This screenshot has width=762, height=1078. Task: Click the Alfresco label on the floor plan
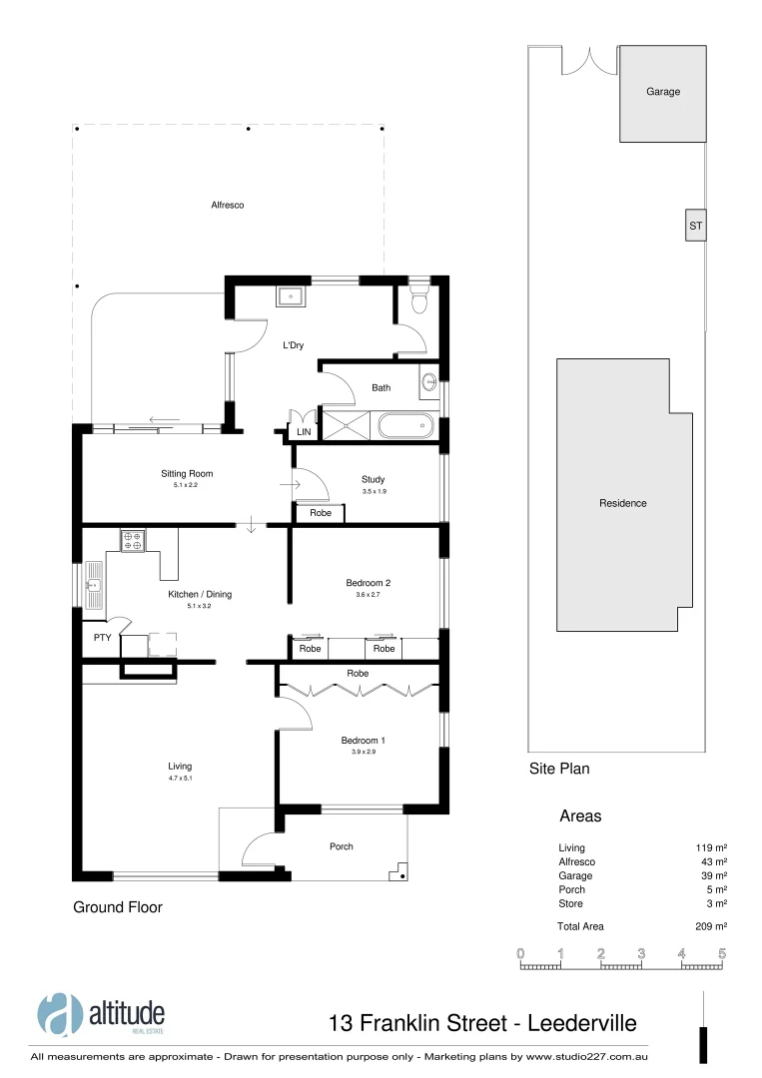click(227, 205)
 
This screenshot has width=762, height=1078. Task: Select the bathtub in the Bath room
click(406, 427)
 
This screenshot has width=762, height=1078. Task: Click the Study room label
click(373, 479)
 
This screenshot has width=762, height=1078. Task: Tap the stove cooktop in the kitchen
click(133, 542)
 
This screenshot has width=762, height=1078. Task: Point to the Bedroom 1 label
click(363, 740)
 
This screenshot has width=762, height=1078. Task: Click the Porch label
click(342, 846)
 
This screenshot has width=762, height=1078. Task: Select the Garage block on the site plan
click(662, 93)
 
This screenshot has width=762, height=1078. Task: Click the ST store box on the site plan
click(695, 226)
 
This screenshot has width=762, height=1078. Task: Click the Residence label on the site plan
click(622, 503)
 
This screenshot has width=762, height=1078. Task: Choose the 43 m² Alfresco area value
click(713, 861)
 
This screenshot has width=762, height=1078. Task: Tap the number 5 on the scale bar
click(721, 954)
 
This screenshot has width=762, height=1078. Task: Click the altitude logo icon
click(60, 1015)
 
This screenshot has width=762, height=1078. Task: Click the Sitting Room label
click(187, 474)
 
